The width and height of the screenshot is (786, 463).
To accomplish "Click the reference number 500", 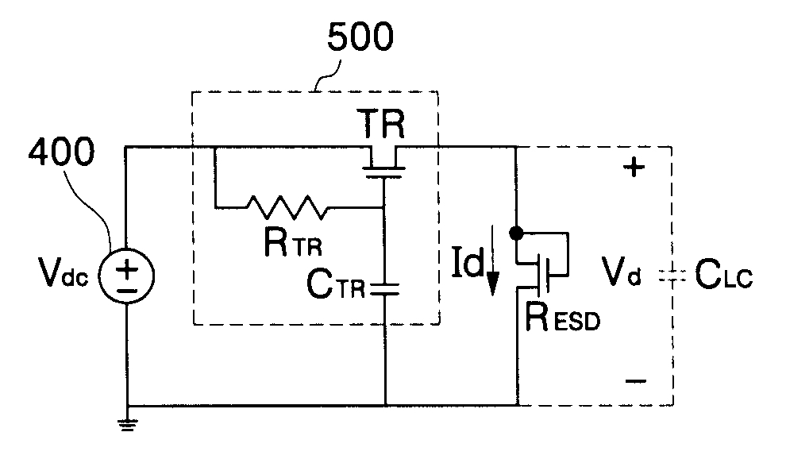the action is click(360, 37).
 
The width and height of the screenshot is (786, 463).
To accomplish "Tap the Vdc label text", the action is click(63, 274).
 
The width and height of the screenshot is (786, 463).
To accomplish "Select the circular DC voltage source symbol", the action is click(127, 276).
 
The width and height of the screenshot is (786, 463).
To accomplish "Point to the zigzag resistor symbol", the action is click(287, 207).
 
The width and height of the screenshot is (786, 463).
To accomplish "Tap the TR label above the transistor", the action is click(381, 124).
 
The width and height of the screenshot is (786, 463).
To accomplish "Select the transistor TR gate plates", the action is click(383, 172).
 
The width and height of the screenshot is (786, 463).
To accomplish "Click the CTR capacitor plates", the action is click(384, 288).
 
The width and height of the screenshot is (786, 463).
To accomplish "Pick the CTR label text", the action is click(335, 284).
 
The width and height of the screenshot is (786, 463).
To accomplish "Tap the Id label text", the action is click(467, 261).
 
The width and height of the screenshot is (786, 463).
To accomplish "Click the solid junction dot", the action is click(516, 233).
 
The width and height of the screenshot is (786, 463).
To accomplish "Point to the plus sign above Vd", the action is click(634, 167).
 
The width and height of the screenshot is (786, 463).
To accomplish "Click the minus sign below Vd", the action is click(636, 381).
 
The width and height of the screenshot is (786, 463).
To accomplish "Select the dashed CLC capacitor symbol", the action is click(672, 276).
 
